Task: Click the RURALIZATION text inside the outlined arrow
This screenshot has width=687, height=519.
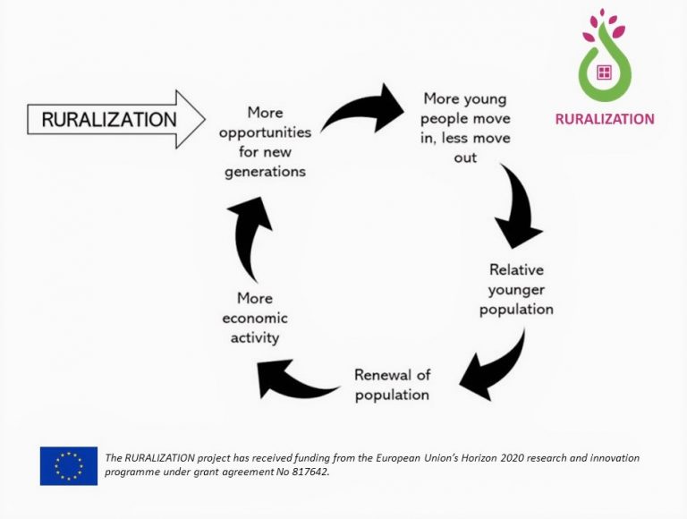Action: coord(108,118)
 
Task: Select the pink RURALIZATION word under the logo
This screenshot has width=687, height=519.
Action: coord(604,118)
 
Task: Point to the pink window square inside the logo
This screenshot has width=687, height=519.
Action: coord(604,72)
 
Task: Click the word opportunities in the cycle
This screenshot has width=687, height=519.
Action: coord(265,132)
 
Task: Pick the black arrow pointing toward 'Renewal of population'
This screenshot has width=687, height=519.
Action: coord(496,367)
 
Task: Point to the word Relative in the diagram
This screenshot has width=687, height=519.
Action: coord(516,269)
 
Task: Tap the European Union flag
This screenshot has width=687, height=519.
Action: coord(68,465)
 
